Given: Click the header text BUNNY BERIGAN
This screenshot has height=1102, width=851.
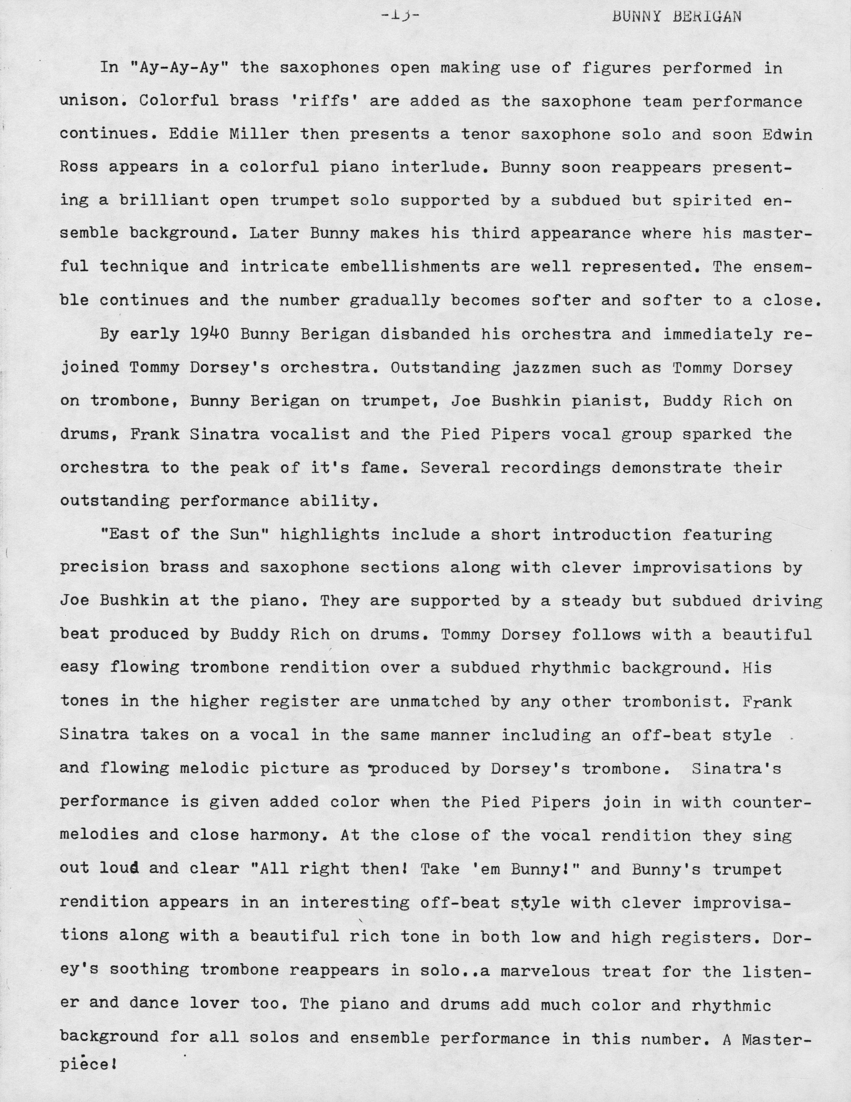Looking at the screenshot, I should coord(677,17).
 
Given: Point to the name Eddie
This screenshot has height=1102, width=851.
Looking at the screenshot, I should coord(194,134).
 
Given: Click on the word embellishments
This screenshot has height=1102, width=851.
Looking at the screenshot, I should coord(410,267).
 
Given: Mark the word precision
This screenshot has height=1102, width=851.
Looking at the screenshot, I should coord(104,568).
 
